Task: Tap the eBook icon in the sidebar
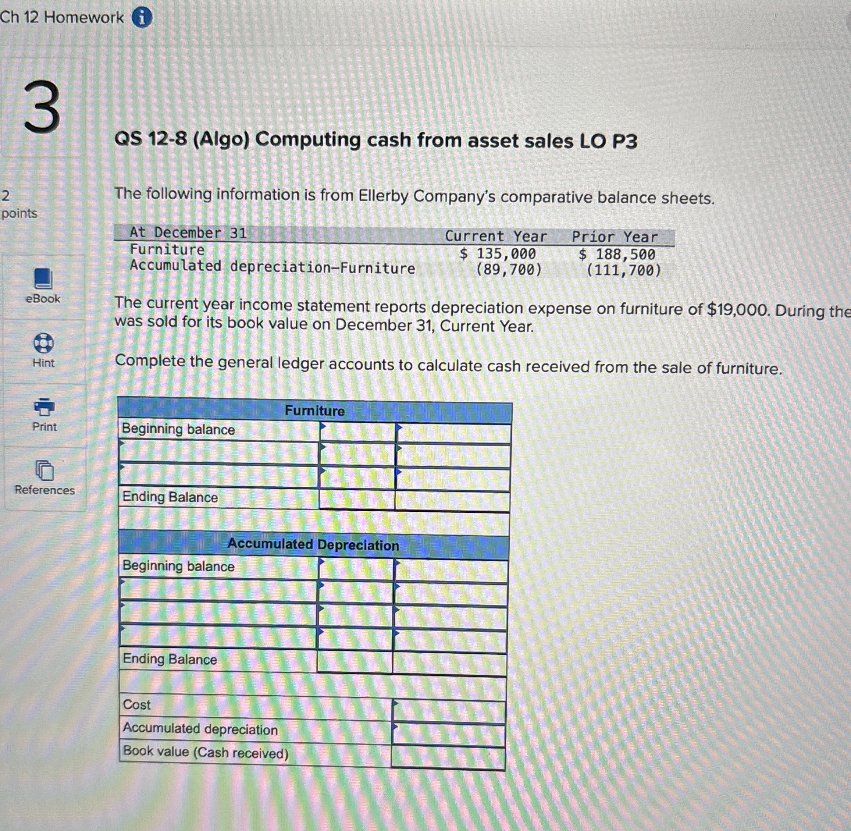pos(43,278)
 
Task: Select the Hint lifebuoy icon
pos(44,343)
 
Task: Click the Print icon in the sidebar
pos(44,407)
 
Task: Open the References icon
pos(44,470)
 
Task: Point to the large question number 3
pos(42,107)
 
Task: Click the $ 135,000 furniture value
pos(498,253)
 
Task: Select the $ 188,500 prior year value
pos(617,255)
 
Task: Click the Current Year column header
pos(495,237)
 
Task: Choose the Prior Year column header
pos(615,237)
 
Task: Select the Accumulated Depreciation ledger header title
pos(313,544)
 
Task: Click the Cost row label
pos(136,704)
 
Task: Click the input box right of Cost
pos(449,711)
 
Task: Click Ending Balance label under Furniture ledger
pos(170,497)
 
